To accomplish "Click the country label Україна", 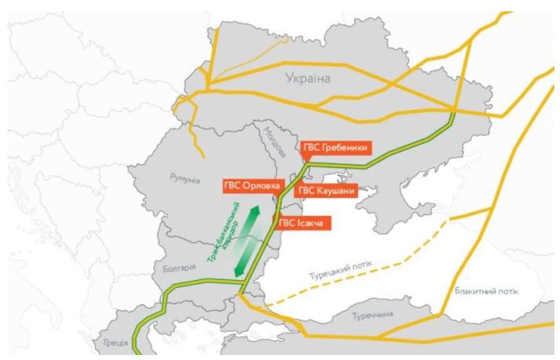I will [x=307, y=79].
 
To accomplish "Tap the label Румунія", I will [x=184, y=179].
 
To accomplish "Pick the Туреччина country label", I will [x=372, y=314].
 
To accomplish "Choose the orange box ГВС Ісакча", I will [x=303, y=222].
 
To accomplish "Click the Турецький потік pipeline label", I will [x=341, y=271].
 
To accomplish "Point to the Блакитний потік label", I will [x=487, y=292].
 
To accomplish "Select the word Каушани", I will [x=336, y=191].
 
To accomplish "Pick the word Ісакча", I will [x=311, y=222].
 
